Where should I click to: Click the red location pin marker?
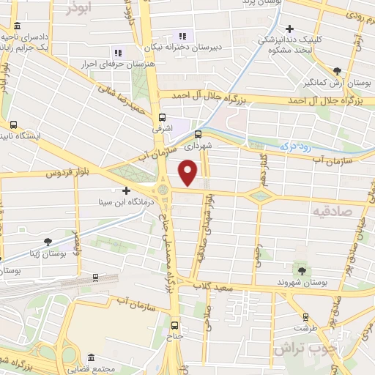click(188, 173)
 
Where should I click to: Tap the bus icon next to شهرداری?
click(198, 134)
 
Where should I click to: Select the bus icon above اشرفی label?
click(163, 116)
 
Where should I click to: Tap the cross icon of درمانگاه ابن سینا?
click(126, 190)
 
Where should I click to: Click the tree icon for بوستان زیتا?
click(48, 241)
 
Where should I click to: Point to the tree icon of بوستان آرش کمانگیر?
click(336, 71)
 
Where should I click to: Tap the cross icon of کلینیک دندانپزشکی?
click(290, 28)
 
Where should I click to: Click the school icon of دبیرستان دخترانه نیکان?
click(182, 35)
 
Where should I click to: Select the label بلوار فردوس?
click(67, 174)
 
